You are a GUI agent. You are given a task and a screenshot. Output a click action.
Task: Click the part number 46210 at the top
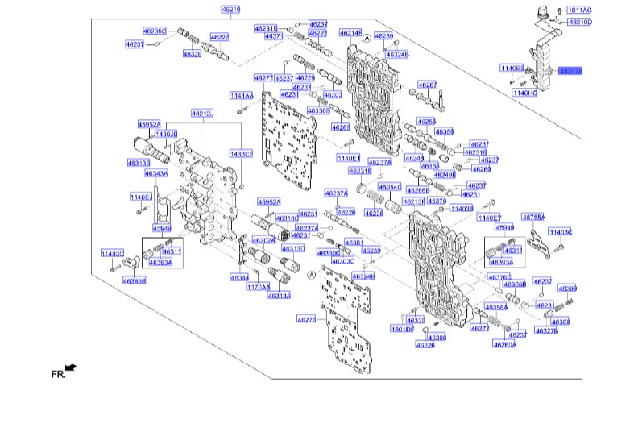pyautogui.click(x=230, y=10)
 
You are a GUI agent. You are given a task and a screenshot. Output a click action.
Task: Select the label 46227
pyautogui.click(x=219, y=37)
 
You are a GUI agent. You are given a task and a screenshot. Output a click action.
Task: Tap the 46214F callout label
pyautogui.click(x=350, y=33)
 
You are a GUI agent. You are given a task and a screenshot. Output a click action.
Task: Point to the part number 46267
pyautogui.click(x=427, y=85)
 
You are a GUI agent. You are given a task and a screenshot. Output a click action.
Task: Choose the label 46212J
pyautogui.click(x=201, y=114)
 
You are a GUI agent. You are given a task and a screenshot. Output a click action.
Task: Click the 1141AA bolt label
pyautogui.click(x=241, y=96)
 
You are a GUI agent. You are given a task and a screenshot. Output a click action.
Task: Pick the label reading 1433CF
pyautogui.click(x=242, y=153)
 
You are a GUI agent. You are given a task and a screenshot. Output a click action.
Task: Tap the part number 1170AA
pyautogui.click(x=257, y=287)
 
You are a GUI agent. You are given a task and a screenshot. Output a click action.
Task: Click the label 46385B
pyautogui.click(x=135, y=281)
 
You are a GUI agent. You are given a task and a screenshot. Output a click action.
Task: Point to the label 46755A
pyautogui.click(x=533, y=217)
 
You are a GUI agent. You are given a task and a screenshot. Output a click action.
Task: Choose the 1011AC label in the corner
pyautogui.click(x=579, y=10)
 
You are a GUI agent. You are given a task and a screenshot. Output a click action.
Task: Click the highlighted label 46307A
pyautogui.click(x=569, y=71)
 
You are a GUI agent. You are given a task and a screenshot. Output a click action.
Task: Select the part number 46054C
pyautogui.click(x=390, y=186)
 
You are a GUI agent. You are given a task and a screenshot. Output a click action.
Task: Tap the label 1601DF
pyautogui.click(x=402, y=329)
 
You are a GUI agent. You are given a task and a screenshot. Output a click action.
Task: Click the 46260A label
pyautogui.click(x=505, y=344)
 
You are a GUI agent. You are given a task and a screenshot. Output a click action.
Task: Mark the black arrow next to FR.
pyautogui.click(x=72, y=367)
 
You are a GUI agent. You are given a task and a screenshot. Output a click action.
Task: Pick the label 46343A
pyautogui.click(x=156, y=173)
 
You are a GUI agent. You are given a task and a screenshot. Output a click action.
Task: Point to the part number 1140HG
pyautogui.click(x=524, y=93)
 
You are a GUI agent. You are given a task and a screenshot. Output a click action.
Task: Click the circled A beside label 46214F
pyautogui.click(x=367, y=38)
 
